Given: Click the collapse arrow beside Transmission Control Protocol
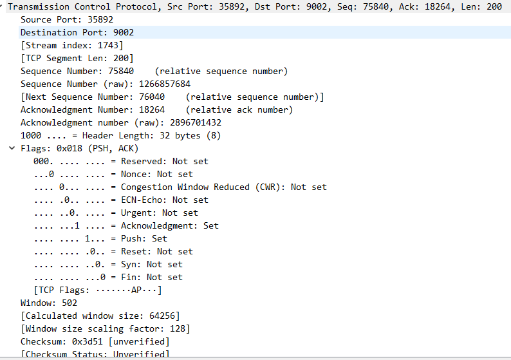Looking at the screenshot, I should (x=3, y=7).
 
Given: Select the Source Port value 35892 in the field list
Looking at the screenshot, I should (x=82, y=19).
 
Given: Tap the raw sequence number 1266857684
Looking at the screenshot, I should (x=160, y=84).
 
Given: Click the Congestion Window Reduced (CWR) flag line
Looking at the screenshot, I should (x=180, y=187).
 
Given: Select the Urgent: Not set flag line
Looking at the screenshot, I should (x=116, y=213).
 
